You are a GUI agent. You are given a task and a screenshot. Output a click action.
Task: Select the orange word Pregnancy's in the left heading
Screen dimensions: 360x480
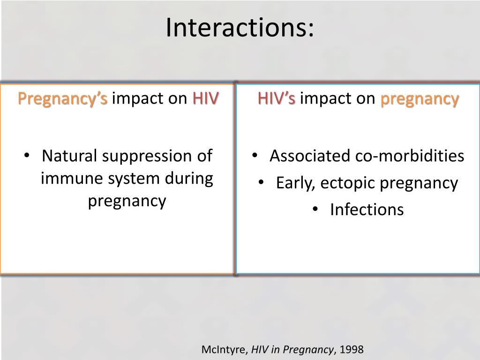[x=63, y=99]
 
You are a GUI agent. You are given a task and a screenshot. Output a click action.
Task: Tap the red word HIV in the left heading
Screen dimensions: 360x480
[x=205, y=99]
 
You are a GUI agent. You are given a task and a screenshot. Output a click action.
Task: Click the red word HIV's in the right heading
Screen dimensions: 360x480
[x=276, y=99]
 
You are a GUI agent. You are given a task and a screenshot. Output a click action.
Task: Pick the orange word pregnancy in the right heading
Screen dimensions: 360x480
[x=419, y=99]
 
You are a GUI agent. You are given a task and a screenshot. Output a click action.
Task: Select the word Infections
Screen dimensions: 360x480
[x=367, y=210]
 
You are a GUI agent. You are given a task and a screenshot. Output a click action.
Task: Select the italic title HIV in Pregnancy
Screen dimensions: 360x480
[x=292, y=350]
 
